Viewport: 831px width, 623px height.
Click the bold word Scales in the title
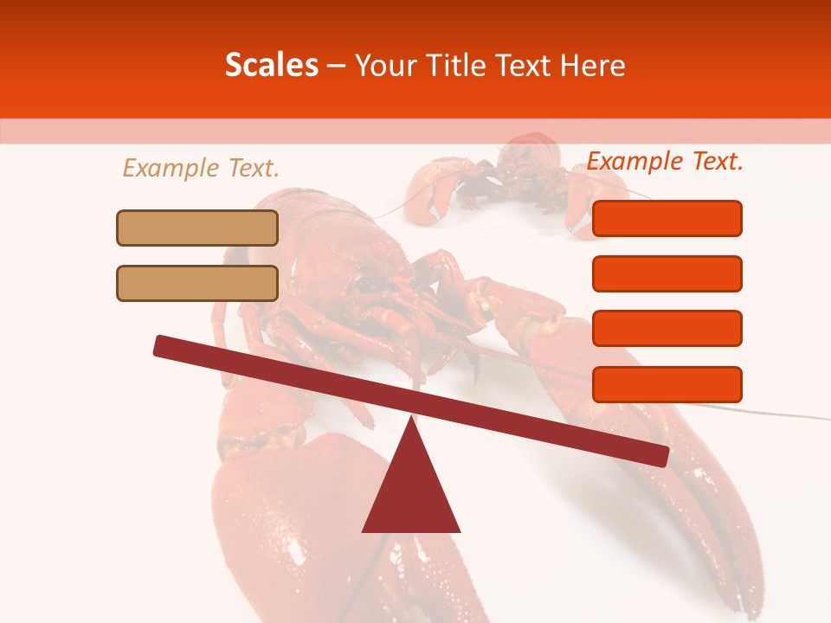(271, 65)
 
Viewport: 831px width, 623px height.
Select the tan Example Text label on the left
(201, 168)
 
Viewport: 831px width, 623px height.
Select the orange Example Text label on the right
(665, 161)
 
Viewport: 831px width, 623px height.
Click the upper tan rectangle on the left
(197, 228)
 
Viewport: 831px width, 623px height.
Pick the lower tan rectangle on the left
(197, 283)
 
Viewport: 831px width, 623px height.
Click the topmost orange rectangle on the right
(667, 218)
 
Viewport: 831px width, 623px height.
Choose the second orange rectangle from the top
(667, 273)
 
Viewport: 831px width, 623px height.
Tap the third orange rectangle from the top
(667, 329)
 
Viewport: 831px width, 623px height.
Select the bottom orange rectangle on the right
(667, 384)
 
